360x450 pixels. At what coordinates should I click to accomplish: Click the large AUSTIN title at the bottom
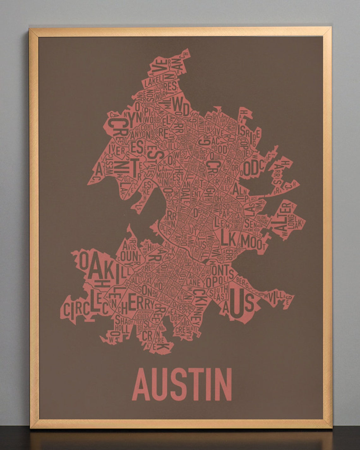coord(183,384)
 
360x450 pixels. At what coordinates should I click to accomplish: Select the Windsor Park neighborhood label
coord(227,209)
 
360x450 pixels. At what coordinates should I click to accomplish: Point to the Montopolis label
coord(220,276)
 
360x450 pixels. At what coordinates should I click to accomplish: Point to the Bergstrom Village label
coord(265,292)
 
